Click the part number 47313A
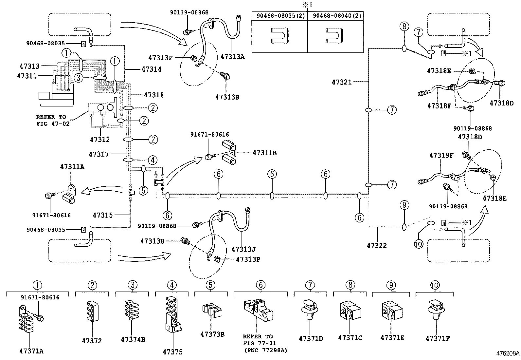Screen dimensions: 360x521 tap(232, 57)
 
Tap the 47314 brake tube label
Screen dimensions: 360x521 tap(152, 69)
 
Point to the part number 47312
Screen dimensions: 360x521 tap(100, 140)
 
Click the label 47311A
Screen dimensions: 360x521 tap(72, 167)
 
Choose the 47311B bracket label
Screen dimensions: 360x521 tap(264, 153)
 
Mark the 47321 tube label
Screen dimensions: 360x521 tap(342, 82)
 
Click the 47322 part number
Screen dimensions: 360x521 tap(377, 245)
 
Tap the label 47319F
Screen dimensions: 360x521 tap(441, 155)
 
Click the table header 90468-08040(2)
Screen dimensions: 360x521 tap(335, 16)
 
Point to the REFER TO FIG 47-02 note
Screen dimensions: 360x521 tap(53, 120)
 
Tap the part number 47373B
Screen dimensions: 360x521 tap(212, 334)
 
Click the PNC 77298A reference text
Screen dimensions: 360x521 tap(266, 350)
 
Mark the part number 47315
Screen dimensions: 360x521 tap(103, 215)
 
